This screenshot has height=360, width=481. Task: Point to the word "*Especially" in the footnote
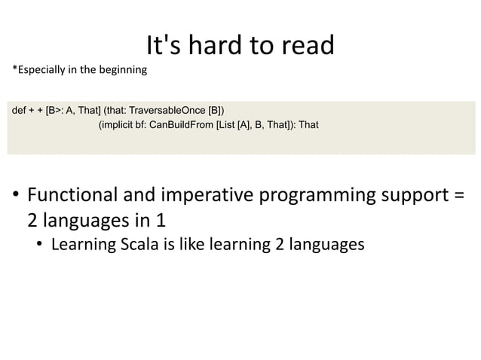tap(37, 72)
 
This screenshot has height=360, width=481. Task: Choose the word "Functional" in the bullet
tap(70, 196)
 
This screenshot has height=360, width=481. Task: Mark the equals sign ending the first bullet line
tap(460, 196)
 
